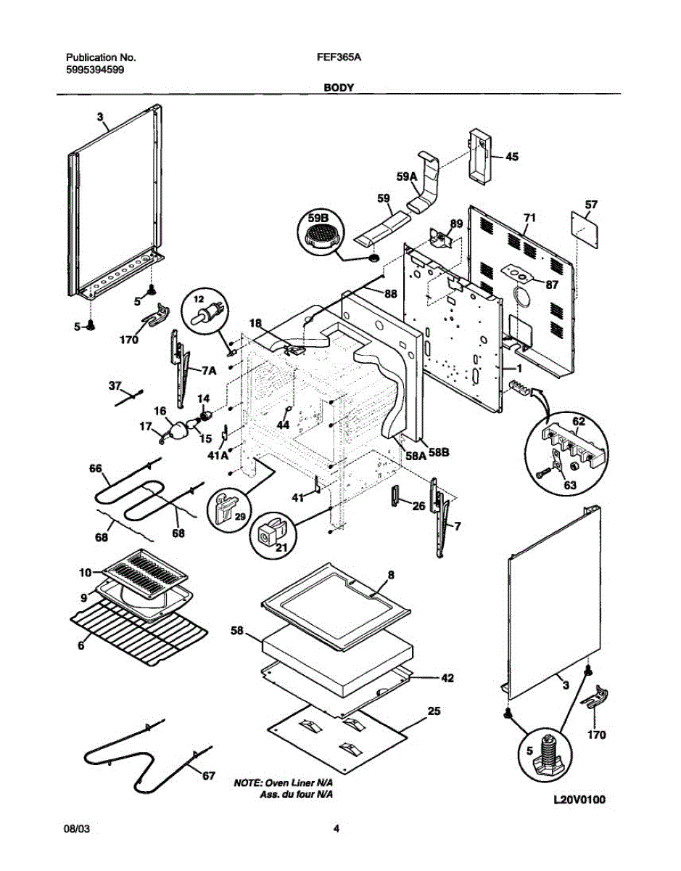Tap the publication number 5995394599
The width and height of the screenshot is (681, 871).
click(95, 71)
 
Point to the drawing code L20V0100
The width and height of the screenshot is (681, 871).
click(579, 801)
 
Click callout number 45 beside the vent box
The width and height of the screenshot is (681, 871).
click(512, 156)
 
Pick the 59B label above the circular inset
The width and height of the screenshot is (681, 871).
click(318, 216)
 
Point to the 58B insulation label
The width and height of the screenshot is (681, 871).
click(440, 452)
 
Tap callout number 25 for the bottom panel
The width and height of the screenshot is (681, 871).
click(434, 711)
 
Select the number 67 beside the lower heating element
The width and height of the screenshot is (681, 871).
click(208, 777)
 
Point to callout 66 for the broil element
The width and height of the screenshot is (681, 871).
click(95, 469)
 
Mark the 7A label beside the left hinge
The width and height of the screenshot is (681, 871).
click(209, 370)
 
